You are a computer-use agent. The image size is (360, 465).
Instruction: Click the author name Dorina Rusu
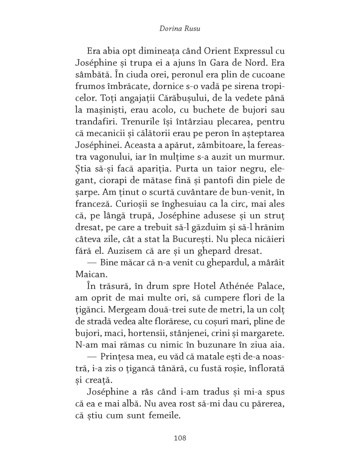[x=180, y=28]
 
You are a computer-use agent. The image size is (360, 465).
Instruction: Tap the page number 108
[x=180, y=437]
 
